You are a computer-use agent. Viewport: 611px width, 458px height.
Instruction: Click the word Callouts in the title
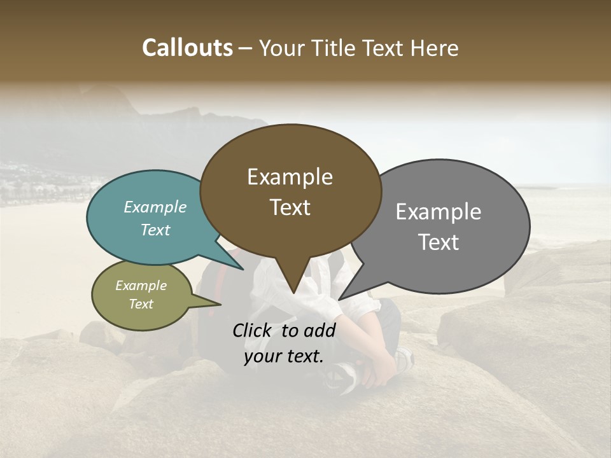click(x=187, y=48)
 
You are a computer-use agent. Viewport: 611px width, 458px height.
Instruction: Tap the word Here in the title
click(x=434, y=48)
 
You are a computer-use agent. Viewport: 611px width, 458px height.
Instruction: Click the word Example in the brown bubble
click(x=290, y=177)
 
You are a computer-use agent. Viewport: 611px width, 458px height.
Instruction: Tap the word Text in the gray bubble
click(x=439, y=242)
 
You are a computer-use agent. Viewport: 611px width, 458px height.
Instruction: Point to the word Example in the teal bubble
click(x=155, y=207)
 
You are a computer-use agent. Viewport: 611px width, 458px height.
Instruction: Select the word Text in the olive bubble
click(x=141, y=304)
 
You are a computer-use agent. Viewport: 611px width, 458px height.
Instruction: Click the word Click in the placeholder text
click(x=253, y=330)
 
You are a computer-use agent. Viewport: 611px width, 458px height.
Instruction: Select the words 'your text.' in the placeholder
click(x=284, y=357)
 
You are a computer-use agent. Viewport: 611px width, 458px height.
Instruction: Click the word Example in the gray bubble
click(x=439, y=212)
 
